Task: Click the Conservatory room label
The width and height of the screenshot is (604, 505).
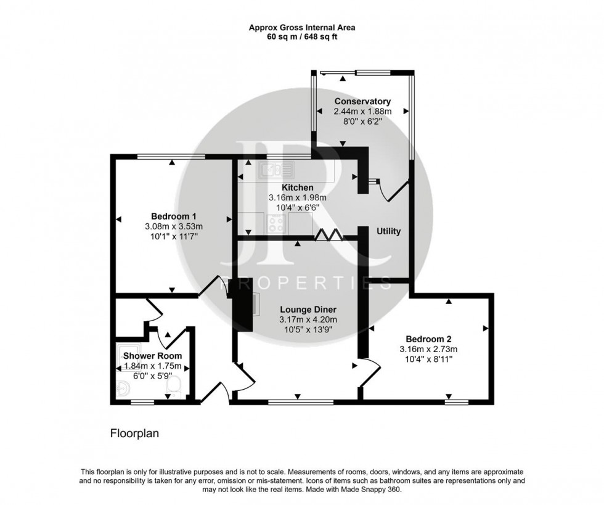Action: point(362,101)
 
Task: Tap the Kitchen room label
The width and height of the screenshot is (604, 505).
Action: point(297,187)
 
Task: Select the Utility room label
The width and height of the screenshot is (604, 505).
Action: point(388,231)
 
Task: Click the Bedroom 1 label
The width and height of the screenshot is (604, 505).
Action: point(174,216)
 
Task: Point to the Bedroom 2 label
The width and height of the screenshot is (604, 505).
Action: point(429,339)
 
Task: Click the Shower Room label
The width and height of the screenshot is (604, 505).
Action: point(152,356)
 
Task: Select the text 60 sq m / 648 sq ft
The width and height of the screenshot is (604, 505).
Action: point(301,37)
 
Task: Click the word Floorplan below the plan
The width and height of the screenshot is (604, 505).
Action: point(134,433)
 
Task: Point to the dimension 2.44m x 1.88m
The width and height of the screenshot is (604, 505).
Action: point(362,112)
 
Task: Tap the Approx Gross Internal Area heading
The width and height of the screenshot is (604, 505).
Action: point(301,27)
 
